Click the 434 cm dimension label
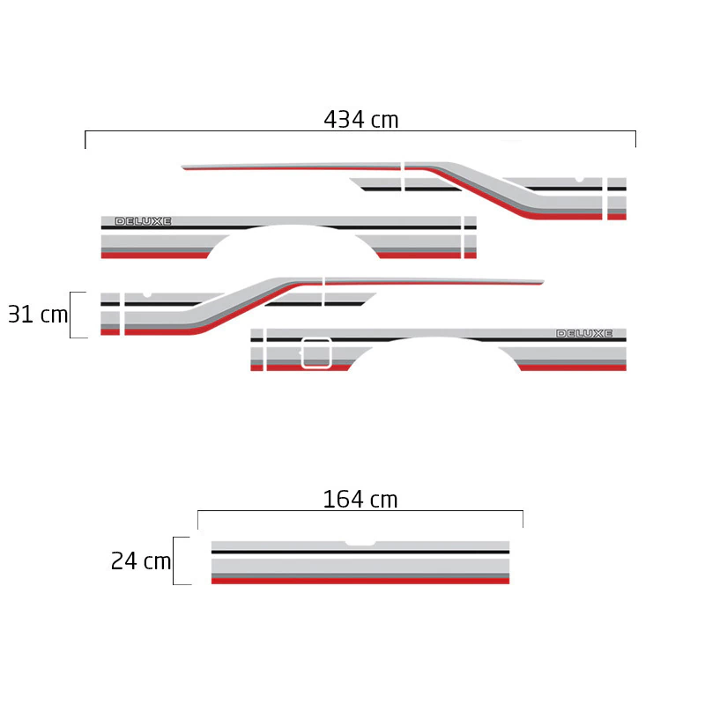click(361, 120)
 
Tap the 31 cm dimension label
click(38, 315)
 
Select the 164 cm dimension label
click(360, 499)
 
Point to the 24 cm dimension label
click(141, 561)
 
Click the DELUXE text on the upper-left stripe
click(143, 221)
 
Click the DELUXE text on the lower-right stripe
click(584, 333)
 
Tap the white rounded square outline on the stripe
click(316, 353)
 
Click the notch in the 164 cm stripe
click(360, 544)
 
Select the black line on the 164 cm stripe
click(360, 552)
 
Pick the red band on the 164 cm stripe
click(360, 581)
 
